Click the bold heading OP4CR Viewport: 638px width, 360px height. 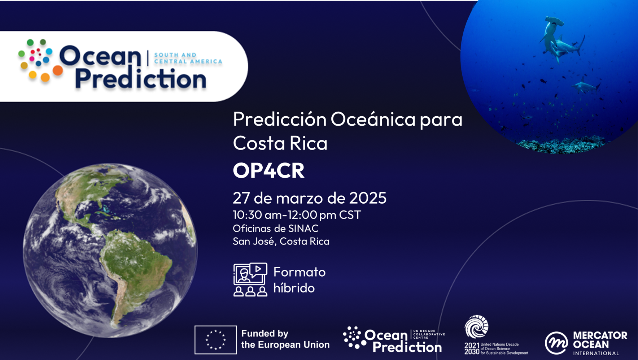click(x=268, y=170)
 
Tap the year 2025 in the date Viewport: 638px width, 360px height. click(x=368, y=198)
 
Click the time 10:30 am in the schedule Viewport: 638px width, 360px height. click(x=257, y=215)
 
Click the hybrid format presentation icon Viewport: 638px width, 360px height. click(x=250, y=279)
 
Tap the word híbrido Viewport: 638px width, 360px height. click(x=294, y=288)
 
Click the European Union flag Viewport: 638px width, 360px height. click(x=215, y=340)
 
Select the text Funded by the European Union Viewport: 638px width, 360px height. click(x=285, y=339)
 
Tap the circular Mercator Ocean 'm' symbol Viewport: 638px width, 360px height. click(x=556, y=343)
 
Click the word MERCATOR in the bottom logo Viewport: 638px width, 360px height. click(x=600, y=335)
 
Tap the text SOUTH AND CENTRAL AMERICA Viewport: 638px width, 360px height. click(x=188, y=58)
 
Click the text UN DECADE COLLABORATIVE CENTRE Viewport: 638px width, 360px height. click(x=429, y=334)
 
